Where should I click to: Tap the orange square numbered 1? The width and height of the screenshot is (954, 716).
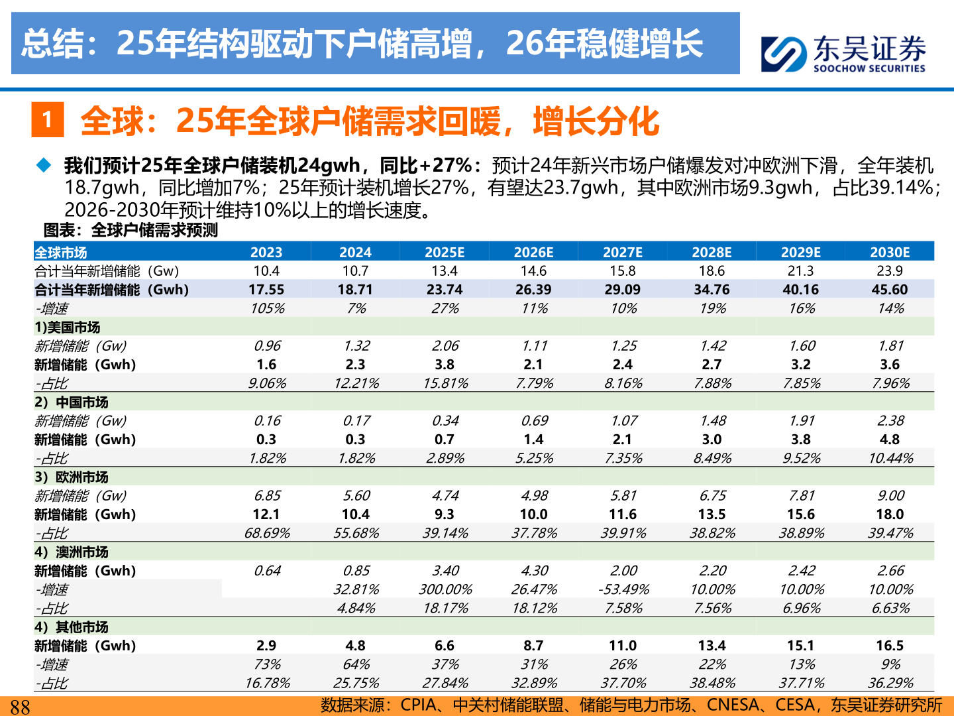[48, 119]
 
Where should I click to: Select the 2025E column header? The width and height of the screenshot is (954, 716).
[445, 252]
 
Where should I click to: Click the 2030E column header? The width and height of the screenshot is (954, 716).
[890, 252]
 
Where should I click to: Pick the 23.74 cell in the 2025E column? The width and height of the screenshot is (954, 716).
[445, 290]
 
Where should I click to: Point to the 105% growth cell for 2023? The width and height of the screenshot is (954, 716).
[267, 308]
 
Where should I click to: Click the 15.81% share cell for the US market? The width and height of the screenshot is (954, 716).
[445, 383]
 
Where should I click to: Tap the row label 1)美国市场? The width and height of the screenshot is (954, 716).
[68, 328]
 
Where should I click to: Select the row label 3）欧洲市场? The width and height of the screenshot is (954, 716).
[72, 477]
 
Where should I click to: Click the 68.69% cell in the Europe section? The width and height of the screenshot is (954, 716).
[267, 533]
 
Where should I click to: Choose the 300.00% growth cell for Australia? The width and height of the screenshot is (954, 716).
[445, 589]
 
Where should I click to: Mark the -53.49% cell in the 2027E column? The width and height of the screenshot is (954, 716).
[623, 589]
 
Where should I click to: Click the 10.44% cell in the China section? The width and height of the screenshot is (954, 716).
[890, 458]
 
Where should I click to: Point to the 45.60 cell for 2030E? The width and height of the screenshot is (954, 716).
[890, 290]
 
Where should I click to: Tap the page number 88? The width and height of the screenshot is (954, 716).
[20, 707]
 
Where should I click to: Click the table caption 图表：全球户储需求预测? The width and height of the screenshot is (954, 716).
[131, 230]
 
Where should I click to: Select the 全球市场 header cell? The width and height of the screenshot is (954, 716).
[61, 253]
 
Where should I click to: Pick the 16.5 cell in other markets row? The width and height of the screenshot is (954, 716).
[890, 646]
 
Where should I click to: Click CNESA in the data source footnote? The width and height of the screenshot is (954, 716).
[733, 705]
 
